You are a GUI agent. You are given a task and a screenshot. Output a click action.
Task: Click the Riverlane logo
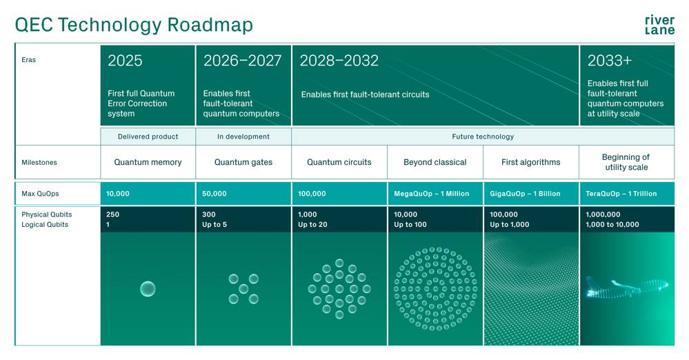pos(659,25)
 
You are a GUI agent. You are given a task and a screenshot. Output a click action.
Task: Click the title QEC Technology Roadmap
pos(134,25)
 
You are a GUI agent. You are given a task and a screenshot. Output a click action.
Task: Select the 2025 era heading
pos(125,61)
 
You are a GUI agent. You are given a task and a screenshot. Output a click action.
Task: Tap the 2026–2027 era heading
pos(242,61)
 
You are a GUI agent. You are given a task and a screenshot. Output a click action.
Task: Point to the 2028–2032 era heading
pos(339,61)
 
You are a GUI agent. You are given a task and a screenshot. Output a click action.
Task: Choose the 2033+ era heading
pos(609,61)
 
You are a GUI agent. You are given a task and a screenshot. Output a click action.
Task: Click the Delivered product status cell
pos(148,137)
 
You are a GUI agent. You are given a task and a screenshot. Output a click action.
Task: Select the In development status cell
pos(243,137)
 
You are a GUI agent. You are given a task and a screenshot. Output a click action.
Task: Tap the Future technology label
pos(483,137)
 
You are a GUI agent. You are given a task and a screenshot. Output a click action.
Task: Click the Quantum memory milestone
pos(148,163)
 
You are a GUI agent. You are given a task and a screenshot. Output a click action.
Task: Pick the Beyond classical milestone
pos(435,163)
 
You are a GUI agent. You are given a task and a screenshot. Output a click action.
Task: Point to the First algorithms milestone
pos(531,163)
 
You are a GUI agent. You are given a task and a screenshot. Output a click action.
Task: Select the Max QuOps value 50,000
pos(214,194)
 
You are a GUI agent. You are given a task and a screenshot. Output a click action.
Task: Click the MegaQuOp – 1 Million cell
pos(431,194)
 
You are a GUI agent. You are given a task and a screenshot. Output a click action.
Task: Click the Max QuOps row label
pos(40,194)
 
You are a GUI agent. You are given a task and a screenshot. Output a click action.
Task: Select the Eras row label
pos(29,60)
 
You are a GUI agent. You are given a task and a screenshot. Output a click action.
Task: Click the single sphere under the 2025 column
pos(148,289)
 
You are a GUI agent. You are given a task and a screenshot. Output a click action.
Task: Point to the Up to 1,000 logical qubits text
pos(510,225)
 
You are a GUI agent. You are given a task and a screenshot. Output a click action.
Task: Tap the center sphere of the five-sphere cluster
pos(243,289)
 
